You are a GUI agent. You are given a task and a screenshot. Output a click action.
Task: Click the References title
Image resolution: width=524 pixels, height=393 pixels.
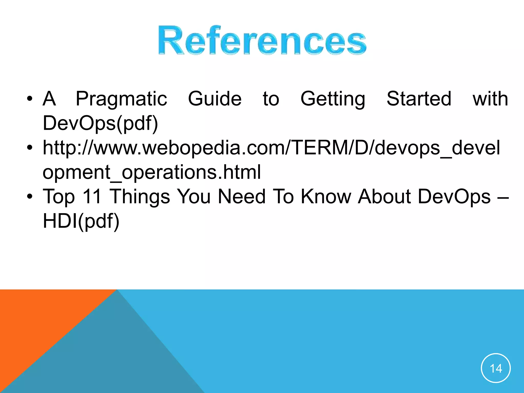click(x=262, y=40)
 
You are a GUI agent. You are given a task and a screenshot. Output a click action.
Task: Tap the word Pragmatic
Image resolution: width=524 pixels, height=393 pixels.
click(x=121, y=99)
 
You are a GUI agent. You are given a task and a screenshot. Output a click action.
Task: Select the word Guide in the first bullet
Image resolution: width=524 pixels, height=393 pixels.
click(x=215, y=99)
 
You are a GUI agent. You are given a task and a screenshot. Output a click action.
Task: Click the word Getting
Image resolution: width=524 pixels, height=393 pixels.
click(x=333, y=99)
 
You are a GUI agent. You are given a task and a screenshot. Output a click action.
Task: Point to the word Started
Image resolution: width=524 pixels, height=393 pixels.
click(x=419, y=99)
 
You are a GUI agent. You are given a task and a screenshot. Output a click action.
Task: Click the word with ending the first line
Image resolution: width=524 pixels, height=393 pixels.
click(x=490, y=99)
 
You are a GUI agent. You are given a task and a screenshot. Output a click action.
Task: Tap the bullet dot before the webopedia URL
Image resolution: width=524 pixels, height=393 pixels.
click(x=30, y=148)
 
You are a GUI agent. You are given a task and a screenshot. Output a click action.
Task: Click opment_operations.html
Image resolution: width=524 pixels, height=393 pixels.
click(x=151, y=172)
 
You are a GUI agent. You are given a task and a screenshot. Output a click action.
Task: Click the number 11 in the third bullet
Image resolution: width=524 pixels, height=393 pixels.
click(x=92, y=196)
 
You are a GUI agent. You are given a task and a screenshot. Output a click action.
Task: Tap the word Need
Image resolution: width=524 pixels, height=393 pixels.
click(x=242, y=196)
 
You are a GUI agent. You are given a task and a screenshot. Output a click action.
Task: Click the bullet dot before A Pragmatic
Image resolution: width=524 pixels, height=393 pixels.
click(x=30, y=99)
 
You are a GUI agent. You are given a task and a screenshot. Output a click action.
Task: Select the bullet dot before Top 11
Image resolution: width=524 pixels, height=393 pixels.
click(x=30, y=196)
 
